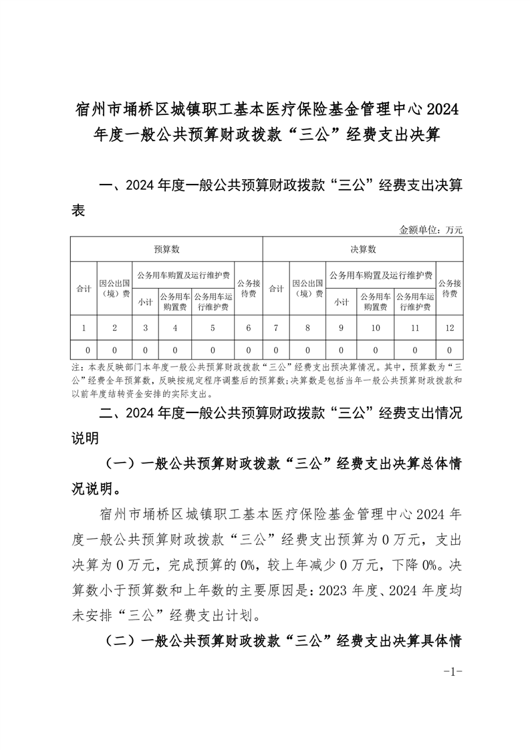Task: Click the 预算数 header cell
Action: point(166,249)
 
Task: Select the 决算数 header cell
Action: point(363,249)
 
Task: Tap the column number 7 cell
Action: point(276,328)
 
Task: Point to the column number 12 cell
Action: point(450,328)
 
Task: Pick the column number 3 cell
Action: point(145,328)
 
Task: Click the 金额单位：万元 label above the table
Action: point(430,230)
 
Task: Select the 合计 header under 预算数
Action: point(83,289)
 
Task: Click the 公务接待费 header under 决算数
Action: point(450,288)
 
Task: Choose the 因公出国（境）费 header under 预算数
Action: point(114,288)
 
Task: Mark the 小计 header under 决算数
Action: point(342,301)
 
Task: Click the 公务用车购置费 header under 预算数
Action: point(175,301)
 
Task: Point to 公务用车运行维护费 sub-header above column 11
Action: point(414,301)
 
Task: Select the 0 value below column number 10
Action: point(376,350)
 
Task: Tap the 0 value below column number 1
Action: point(83,350)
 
